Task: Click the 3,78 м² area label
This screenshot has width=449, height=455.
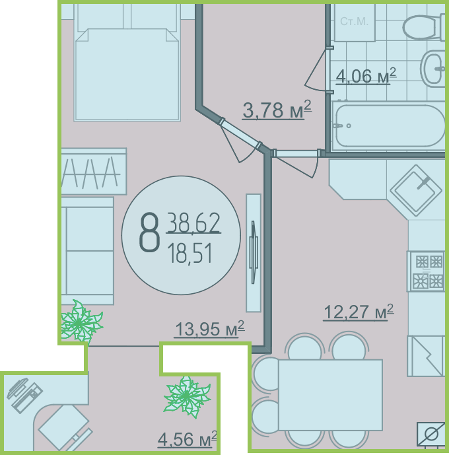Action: pyautogui.click(x=277, y=110)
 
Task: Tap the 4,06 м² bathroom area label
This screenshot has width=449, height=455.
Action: pyautogui.click(x=366, y=76)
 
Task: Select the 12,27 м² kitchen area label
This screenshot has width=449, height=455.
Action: pyautogui.click(x=359, y=312)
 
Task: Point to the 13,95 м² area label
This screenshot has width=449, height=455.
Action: pyautogui.click(x=209, y=329)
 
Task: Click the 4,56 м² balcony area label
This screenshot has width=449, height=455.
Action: pyautogui.click(x=187, y=439)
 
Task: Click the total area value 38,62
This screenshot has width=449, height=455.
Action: pyautogui.click(x=193, y=223)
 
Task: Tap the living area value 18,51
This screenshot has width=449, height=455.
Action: pyautogui.click(x=190, y=254)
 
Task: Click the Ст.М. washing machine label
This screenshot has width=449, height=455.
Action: pyautogui.click(x=354, y=22)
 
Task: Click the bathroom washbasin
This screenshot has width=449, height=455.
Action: pyautogui.click(x=432, y=69)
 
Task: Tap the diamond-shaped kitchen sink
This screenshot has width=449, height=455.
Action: pyautogui.click(x=416, y=191)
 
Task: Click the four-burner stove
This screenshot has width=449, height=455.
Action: pyautogui.click(x=425, y=271)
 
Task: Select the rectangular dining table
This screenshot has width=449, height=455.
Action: pyautogui.click(x=330, y=395)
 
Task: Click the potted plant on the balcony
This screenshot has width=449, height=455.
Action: pyautogui.click(x=187, y=396)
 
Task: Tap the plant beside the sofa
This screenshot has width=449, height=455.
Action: pyautogui.click(x=81, y=322)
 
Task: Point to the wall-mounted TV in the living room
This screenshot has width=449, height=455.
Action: pyautogui.click(x=254, y=253)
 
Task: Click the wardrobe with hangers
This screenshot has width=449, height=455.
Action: pyautogui.click(x=94, y=172)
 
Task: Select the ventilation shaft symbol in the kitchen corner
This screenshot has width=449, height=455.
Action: pyautogui.click(x=431, y=435)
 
